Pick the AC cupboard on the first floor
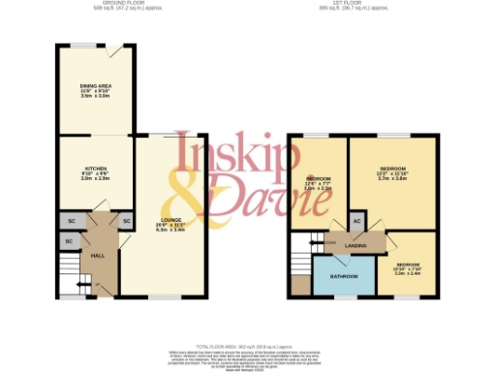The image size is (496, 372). (356, 222)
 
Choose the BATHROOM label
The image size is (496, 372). (343, 275)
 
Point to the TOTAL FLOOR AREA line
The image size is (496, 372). (246, 345)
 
